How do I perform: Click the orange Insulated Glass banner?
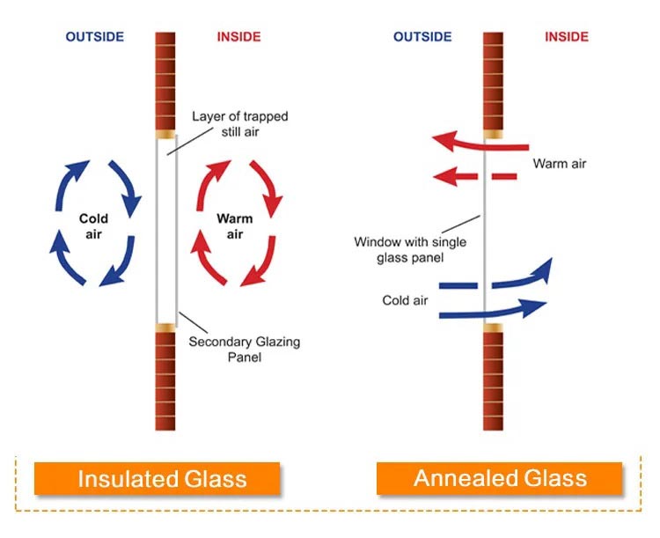(157, 478)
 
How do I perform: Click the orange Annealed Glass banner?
(499, 478)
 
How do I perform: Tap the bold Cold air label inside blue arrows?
(93, 226)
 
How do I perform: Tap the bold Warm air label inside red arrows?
(234, 226)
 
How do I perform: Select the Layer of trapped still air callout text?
(240, 124)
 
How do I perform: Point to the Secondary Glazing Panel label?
(244, 350)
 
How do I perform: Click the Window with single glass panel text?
(410, 249)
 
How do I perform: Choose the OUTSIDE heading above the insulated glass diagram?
(95, 37)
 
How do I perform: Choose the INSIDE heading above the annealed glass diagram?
(567, 37)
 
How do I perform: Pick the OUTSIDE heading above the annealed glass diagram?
(422, 37)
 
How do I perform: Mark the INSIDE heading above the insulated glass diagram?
(238, 37)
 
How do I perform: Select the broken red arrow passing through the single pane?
(475, 176)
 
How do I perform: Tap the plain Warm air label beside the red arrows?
(560, 164)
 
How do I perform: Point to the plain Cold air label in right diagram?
(405, 300)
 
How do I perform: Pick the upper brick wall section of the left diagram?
(165, 81)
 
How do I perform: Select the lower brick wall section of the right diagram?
(493, 381)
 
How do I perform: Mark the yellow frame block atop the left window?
(165, 135)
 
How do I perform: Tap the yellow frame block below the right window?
(493, 328)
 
